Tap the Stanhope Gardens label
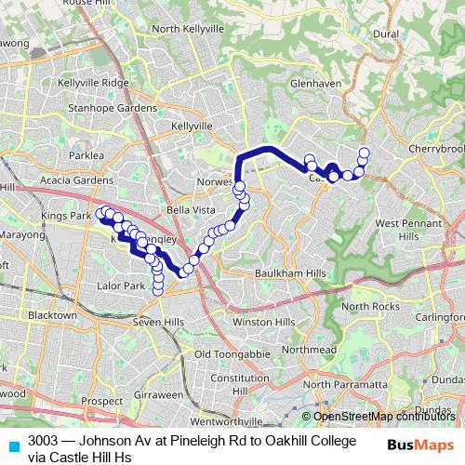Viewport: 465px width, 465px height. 105,108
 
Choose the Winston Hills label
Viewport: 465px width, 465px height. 263,322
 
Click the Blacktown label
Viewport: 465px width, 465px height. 53,315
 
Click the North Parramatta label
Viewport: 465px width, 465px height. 343,384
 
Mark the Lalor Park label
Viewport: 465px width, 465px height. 122,286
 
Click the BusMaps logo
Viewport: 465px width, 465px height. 420,445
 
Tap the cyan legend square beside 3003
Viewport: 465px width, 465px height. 13,445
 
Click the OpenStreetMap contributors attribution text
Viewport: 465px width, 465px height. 384,417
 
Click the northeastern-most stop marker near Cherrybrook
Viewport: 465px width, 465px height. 364,153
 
